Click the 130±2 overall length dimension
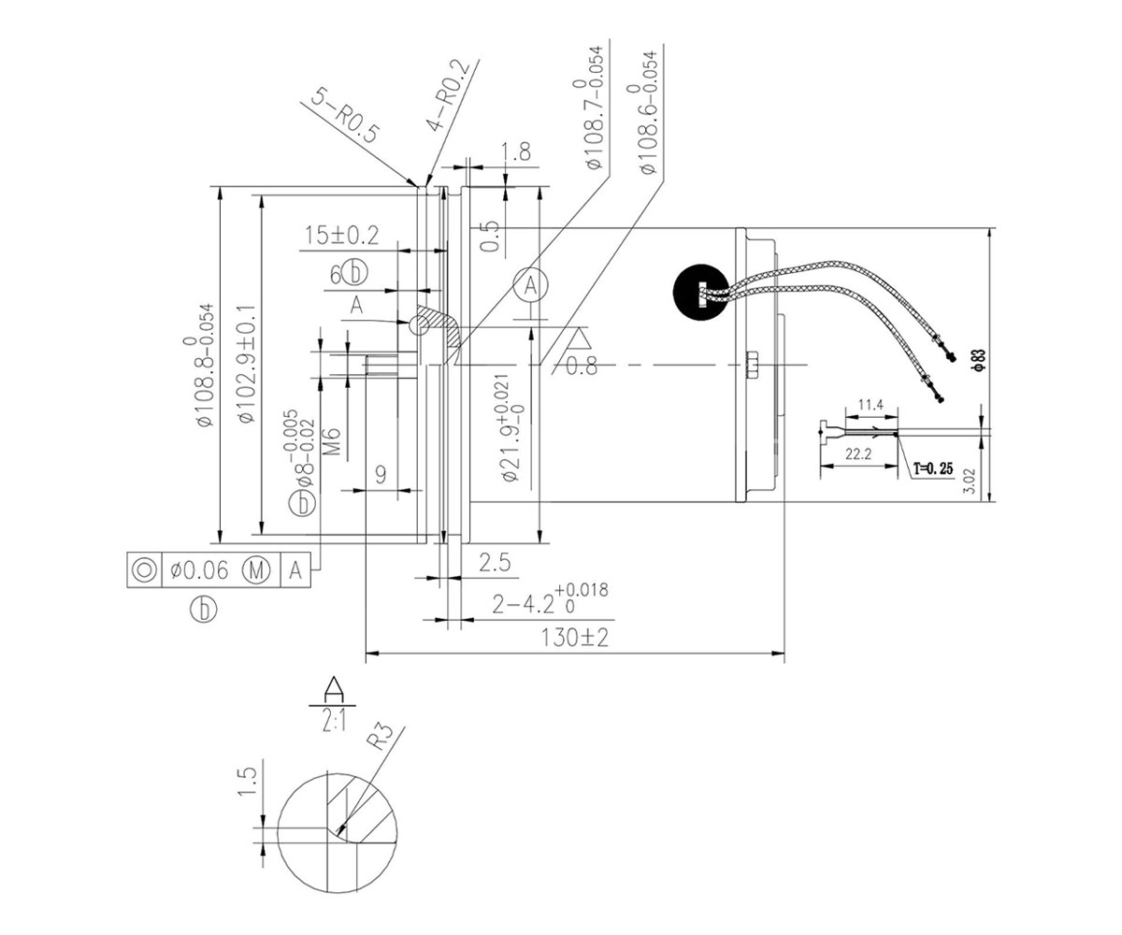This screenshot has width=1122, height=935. point(574,638)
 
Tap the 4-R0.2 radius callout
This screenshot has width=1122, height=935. point(448,95)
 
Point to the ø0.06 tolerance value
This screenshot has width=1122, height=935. point(199,569)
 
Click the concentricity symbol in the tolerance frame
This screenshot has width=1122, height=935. point(145,569)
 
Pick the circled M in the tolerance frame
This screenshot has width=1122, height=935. point(255,569)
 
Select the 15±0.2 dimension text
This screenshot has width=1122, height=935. point(342,236)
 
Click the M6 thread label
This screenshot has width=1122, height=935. point(333,441)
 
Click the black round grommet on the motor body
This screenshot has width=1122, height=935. point(700,292)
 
